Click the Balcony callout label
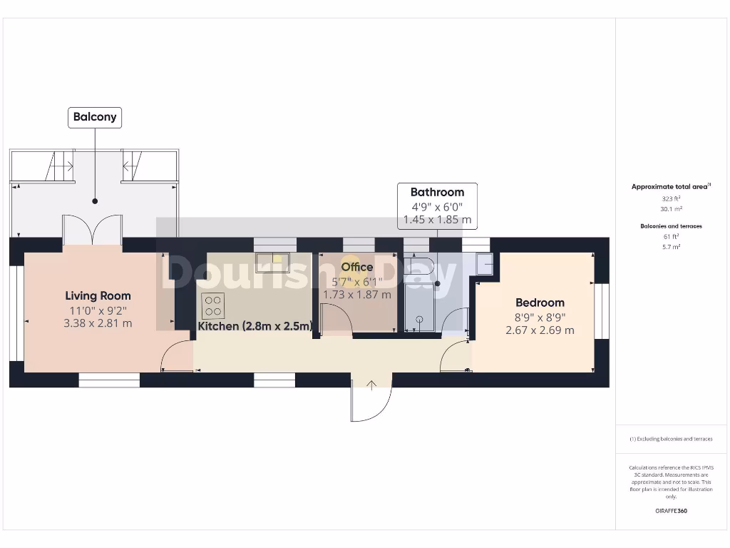[95, 118]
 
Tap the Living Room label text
[98, 295]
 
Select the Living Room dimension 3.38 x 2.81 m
[98, 323]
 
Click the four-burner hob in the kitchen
[212, 305]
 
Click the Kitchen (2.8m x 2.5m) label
[255, 326]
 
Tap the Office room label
[356, 267]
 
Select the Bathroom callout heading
[437, 192]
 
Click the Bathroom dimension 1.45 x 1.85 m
[437, 220]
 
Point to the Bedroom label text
[540, 303]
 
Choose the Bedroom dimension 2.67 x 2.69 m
[540, 330]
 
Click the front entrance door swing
[371, 404]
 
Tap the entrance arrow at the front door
[371, 385]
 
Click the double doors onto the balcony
[93, 229]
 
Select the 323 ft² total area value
[671, 198]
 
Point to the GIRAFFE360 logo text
[671, 511]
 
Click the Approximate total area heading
[670, 187]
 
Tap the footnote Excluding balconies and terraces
[671, 439]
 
